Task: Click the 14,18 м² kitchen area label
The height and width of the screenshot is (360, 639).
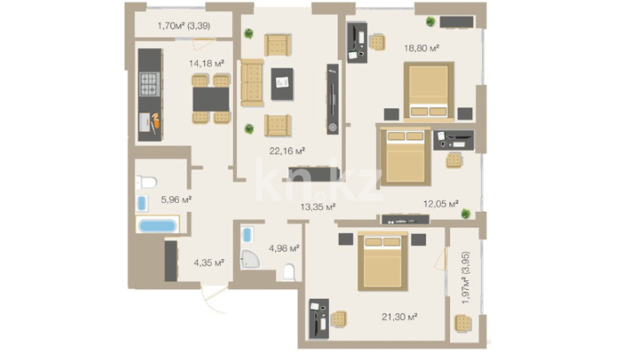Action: click(207, 64)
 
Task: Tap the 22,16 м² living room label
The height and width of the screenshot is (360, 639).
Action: click(287, 151)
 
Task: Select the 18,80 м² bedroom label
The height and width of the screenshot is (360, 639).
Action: click(422, 48)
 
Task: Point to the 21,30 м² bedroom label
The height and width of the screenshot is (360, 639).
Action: click(399, 317)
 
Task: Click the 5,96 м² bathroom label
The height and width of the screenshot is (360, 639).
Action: click(176, 200)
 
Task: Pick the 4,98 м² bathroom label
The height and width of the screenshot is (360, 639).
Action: click(284, 248)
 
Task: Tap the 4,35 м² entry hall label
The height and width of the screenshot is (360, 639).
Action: click(208, 262)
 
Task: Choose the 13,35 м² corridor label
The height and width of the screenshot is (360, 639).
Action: click(317, 207)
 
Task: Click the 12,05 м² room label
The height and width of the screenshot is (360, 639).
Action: click(441, 204)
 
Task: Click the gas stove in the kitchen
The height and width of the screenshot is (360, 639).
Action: click(150, 84)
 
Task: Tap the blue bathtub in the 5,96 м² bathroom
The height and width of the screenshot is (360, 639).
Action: click(157, 225)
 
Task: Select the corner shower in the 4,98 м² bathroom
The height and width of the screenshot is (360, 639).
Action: click(250, 259)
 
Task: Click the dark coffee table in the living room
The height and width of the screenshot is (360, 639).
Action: click(282, 84)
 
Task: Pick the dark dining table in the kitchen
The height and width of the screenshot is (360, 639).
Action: click(211, 99)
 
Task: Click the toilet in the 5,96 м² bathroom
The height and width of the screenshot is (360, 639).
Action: click(147, 182)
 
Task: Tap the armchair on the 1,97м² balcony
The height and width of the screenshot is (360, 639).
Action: click(463, 323)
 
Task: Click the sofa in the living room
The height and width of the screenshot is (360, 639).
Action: click(252, 83)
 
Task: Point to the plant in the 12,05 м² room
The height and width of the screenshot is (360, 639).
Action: click(466, 213)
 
